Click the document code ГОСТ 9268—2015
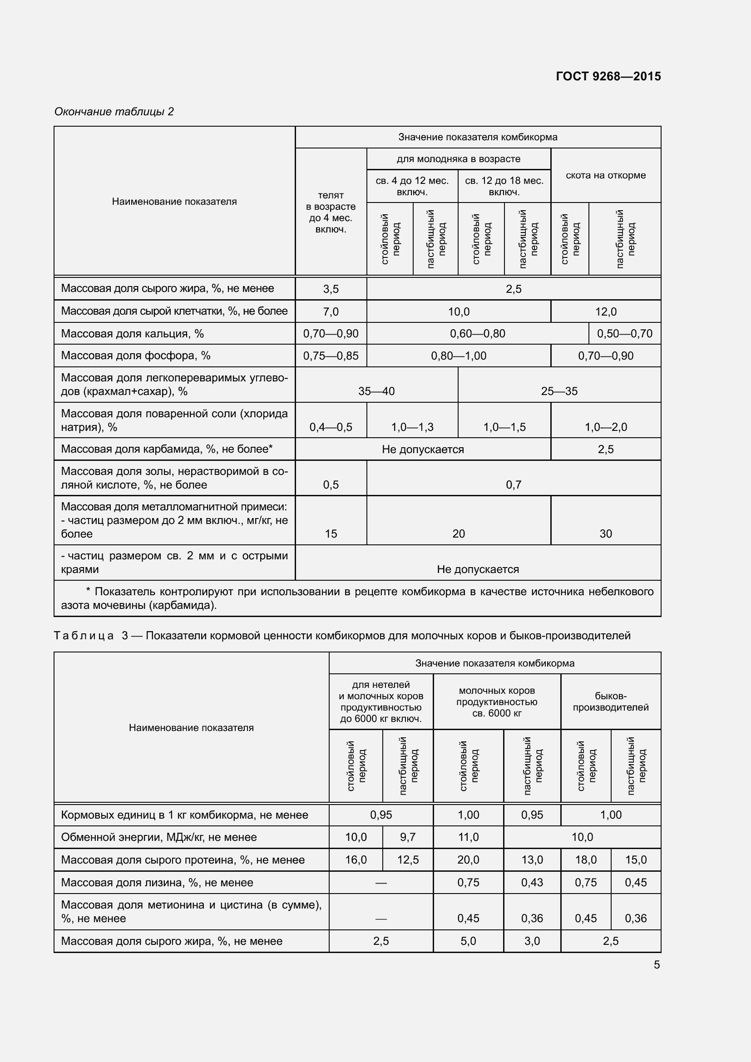[608, 76]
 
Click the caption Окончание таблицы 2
[114, 112]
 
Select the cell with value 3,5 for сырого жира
[331, 289]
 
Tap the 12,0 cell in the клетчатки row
[605, 312]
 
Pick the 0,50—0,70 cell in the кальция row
[624, 334]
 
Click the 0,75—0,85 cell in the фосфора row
[331, 356]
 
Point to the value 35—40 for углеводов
[376, 391]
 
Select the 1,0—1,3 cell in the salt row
[412, 427]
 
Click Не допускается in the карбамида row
[423, 449]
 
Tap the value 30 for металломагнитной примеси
[605, 534]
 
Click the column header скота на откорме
[605, 175]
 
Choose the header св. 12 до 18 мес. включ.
[504, 186]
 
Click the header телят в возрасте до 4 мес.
[331, 212]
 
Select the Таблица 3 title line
[342, 636]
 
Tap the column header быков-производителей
[610, 701]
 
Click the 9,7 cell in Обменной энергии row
[408, 837]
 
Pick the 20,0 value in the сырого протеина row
[468, 860]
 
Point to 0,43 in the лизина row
[532, 883]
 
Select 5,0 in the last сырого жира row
[468, 941]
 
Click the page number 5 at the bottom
[657, 965]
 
